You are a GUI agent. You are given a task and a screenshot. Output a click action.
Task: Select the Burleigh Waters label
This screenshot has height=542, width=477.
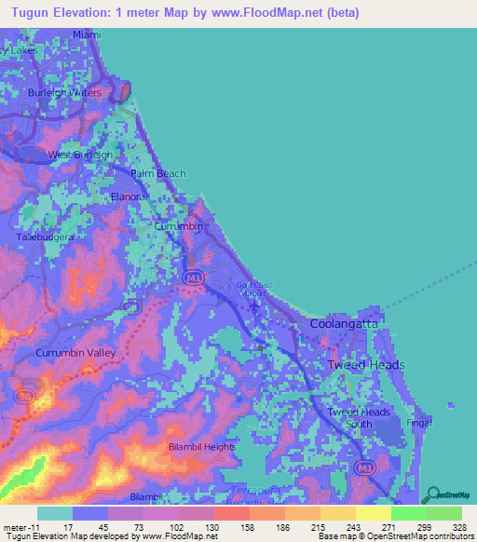tap(64, 94)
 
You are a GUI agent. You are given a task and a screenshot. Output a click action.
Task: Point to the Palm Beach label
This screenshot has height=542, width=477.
tap(158, 173)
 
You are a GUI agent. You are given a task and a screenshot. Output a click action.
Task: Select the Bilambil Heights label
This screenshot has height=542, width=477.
tap(202, 448)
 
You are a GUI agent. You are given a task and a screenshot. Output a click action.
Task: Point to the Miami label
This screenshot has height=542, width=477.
tap(85, 34)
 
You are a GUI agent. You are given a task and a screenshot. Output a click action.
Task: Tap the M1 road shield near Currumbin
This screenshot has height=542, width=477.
tap(193, 278)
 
